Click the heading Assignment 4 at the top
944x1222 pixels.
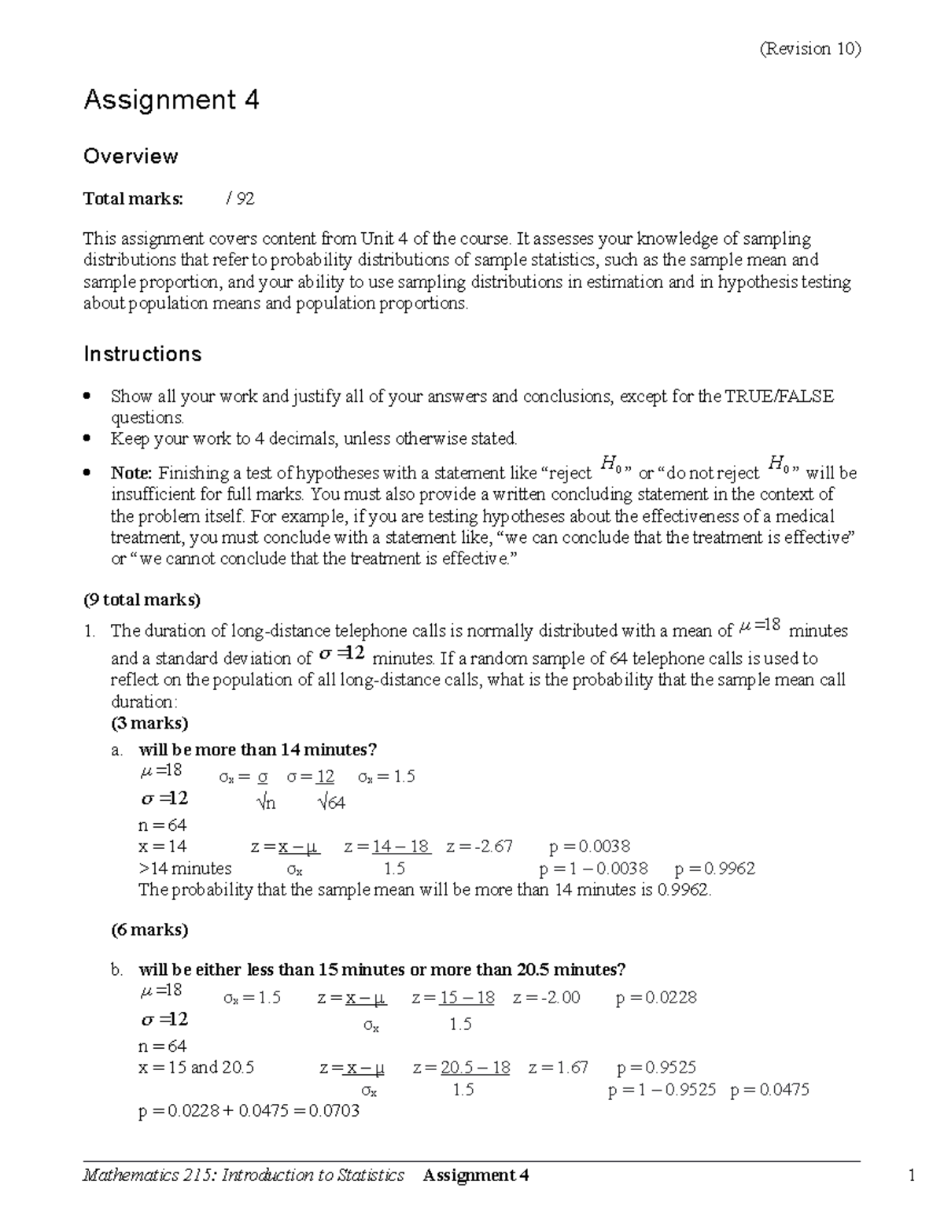171,100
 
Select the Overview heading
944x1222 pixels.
131,156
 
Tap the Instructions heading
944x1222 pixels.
142,354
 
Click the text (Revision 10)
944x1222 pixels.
809,49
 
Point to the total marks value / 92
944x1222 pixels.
240,199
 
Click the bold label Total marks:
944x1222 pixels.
133,199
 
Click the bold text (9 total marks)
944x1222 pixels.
142,600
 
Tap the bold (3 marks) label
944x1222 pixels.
149,723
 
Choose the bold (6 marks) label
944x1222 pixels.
149,930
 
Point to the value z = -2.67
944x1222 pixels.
479,847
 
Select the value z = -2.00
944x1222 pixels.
546,998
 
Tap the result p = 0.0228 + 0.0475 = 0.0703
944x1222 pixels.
249,1111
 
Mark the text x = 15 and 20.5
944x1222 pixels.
196,1068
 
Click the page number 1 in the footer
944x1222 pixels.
912,1176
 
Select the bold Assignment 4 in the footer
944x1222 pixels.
475,1176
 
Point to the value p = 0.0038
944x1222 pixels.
589,847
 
